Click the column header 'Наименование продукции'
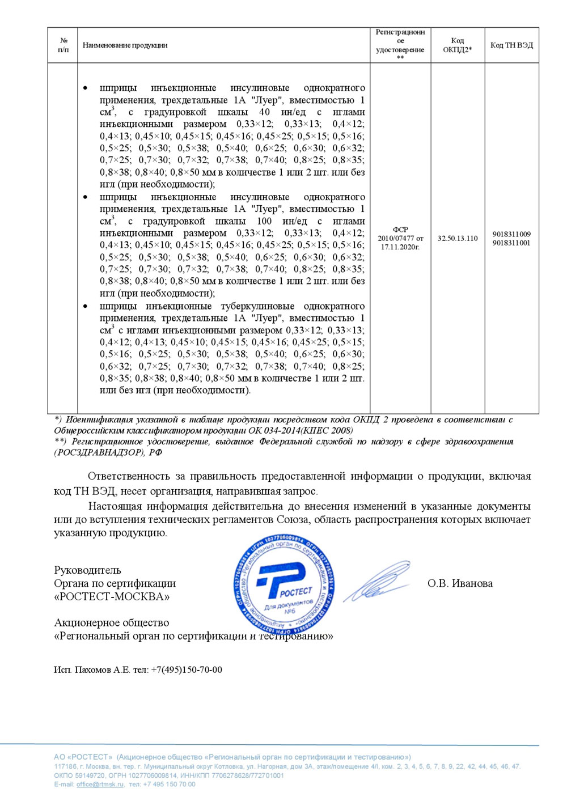[x=125, y=45]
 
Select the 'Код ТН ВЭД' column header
[x=511, y=45]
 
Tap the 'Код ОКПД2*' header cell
[x=457, y=45]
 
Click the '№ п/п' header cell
[x=64, y=45]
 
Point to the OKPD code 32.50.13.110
[x=457, y=239]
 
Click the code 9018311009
[x=511, y=234]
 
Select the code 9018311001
[x=511, y=243]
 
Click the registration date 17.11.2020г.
[x=400, y=247]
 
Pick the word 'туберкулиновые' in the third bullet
[x=257, y=306]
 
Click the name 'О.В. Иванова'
[x=460, y=583]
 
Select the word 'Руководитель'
[x=87, y=570]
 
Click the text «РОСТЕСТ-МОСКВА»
[x=112, y=597]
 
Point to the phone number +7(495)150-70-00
[x=187, y=670]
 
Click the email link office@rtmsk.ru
[x=100, y=785]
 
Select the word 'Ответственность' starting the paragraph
[x=129, y=476]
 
